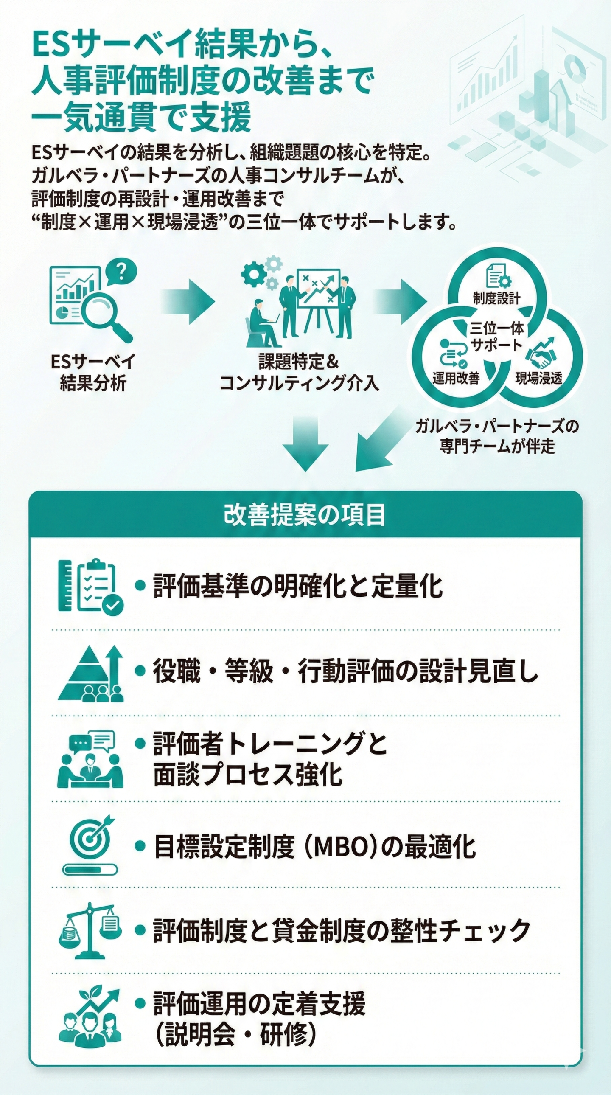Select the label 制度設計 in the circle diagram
click(x=496, y=298)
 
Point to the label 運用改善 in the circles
click(x=455, y=377)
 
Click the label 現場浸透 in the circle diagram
click(x=538, y=377)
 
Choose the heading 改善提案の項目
click(x=305, y=515)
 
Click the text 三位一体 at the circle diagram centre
click(x=497, y=328)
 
